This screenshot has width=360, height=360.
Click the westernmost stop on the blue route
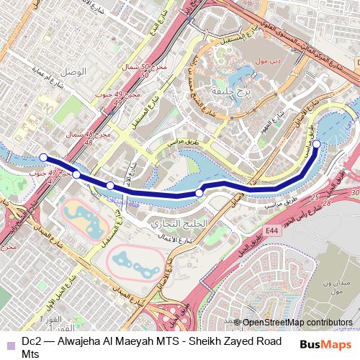pos(43,157)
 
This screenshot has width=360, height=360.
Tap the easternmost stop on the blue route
pos(317,144)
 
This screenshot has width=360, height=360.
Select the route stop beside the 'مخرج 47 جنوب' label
pos(76,174)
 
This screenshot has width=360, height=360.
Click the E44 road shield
pos(271,230)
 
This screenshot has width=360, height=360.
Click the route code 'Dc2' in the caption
pos(31,341)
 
